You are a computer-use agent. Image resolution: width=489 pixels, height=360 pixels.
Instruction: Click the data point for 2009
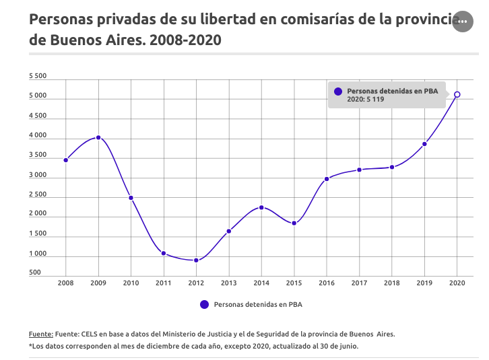coord(98,137)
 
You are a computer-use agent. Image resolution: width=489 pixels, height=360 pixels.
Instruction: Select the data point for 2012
coord(196,260)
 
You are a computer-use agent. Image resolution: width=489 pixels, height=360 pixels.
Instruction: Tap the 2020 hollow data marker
coord(457,95)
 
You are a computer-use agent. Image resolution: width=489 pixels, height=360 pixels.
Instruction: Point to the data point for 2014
coord(261,207)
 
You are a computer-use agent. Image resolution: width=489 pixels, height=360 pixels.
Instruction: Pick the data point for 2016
coord(327,179)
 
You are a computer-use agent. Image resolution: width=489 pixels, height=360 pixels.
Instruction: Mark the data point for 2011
coord(164,253)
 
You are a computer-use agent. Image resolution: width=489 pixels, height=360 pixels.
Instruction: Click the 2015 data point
coord(294,223)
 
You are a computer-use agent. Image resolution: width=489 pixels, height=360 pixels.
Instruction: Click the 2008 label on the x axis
coord(66,283)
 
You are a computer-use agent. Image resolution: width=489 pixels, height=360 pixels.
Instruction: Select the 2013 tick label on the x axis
coord(229,283)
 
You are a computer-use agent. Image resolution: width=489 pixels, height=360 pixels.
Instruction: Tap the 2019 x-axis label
coord(424,283)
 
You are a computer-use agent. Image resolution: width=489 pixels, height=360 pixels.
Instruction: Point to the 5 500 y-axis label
coord(38,77)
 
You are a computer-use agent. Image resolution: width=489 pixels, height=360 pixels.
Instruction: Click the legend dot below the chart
coord(205,304)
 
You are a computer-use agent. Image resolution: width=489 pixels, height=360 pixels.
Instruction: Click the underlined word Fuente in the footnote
coord(40,334)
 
